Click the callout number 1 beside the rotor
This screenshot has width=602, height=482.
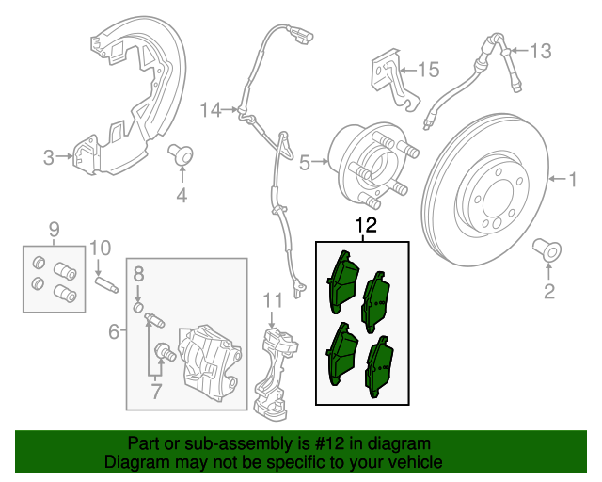[569, 177]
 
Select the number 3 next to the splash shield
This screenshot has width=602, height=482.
[48, 157]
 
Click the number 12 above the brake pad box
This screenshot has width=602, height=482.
[365, 226]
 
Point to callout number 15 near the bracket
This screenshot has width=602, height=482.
[428, 69]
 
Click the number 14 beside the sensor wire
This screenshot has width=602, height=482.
[209, 110]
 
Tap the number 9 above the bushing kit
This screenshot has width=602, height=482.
[54, 228]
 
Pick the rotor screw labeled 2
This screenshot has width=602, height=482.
[547, 250]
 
